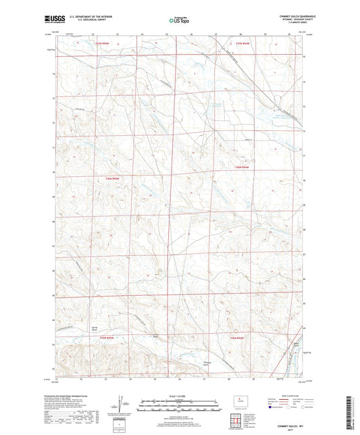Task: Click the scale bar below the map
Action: (179, 407)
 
